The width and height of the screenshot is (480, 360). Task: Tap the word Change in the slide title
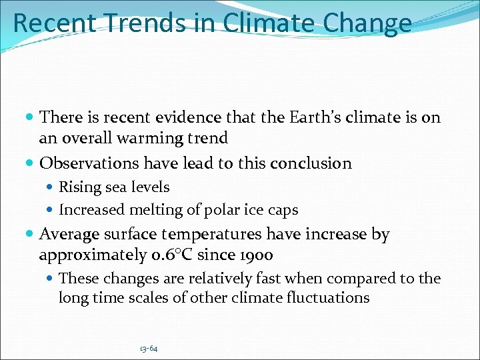(x=368, y=23)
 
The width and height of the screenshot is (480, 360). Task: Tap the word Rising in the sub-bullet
(x=79, y=187)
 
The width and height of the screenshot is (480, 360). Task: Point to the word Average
(x=69, y=235)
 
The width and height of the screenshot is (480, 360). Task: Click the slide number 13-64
(x=149, y=349)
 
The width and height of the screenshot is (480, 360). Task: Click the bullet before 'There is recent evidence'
(x=30, y=118)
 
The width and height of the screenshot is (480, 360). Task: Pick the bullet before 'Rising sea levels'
(x=51, y=187)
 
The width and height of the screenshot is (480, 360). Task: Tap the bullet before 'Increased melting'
(x=51, y=209)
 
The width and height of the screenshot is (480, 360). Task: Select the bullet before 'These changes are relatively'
(x=51, y=278)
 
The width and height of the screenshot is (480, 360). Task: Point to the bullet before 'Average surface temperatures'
(x=30, y=235)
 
